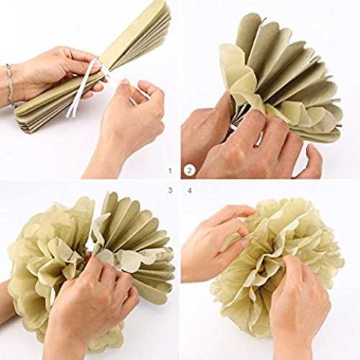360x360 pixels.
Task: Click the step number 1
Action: (x=170, y=171)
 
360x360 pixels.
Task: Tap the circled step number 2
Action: (x=189, y=171)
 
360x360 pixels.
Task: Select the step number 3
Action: (x=170, y=191)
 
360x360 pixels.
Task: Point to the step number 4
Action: (x=189, y=191)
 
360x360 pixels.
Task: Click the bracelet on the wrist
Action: (x=9, y=84)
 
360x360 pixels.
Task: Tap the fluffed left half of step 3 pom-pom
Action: (x=48, y=264)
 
